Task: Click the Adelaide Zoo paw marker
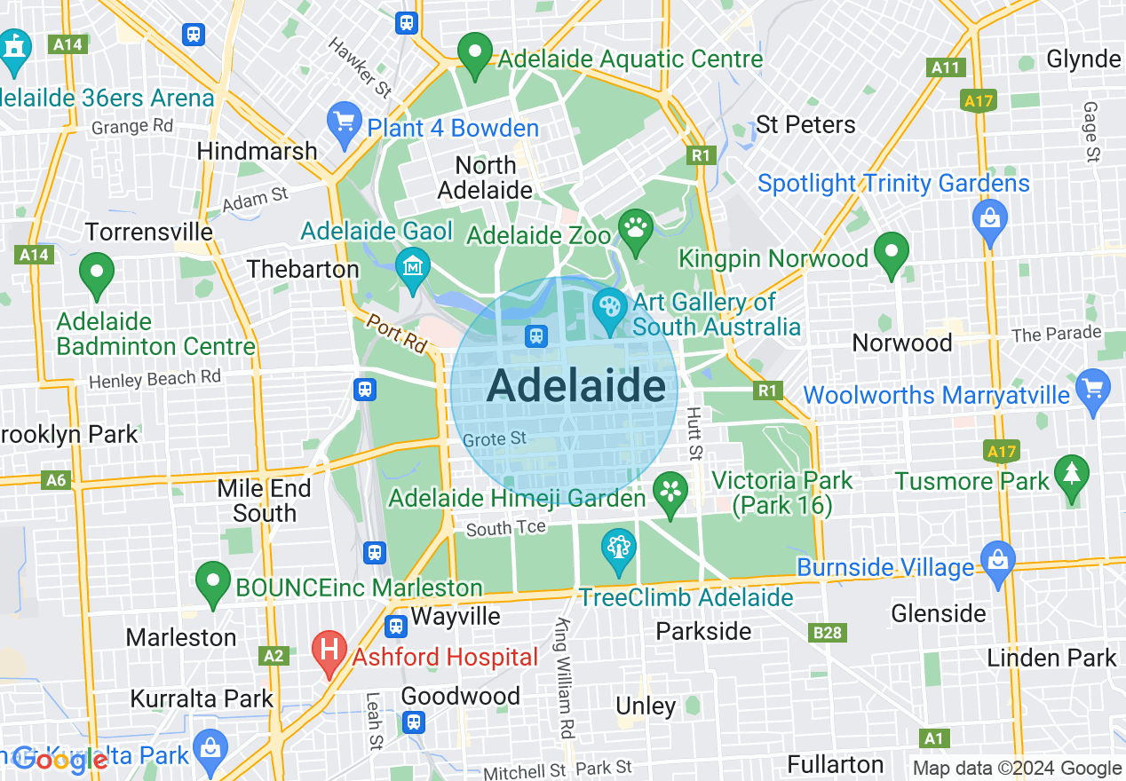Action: pos(637,230)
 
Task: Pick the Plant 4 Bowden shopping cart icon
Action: pos(343,123)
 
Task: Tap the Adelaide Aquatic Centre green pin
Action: pos(474,54)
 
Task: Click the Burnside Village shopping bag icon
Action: pos(996,563)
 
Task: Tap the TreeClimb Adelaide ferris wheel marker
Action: pos(618,550)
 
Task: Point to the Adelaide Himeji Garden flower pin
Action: pos(670,493)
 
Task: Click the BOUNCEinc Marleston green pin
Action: pos(213,583)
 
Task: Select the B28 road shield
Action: pos(828,633)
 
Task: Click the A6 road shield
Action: pos(56,480)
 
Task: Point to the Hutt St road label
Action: pos(694,434)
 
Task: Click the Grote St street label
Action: pos(495,439)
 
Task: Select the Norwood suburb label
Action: pos(901,343)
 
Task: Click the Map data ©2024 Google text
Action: pos(1017,769)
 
